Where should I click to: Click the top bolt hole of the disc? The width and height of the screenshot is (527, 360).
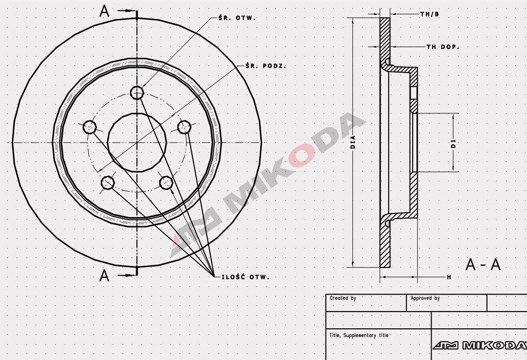coord(137,92)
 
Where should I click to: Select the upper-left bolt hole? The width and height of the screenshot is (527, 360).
coord(90,126)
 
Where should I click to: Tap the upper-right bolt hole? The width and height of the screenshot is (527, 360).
coord(184,126)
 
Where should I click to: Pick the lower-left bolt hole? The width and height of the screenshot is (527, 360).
coord(108,182)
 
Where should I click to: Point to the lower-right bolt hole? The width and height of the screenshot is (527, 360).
coord(166,182)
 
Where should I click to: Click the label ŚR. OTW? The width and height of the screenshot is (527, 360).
coord(237,18)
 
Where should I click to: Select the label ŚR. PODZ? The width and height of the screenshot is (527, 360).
coord(266,66)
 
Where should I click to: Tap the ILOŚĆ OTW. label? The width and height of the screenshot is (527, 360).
coord(245,277)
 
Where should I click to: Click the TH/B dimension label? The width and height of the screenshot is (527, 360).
coord(429,14)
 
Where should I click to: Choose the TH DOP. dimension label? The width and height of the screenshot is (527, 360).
coord(442,47)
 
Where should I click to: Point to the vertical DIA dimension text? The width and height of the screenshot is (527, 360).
coord(353,141)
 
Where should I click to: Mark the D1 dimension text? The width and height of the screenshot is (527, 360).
coord(453,143)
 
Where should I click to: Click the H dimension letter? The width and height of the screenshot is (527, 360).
coord(449,277)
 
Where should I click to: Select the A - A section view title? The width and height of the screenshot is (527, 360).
coord(483,265)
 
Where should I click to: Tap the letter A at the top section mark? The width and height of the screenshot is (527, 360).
coord(105,11)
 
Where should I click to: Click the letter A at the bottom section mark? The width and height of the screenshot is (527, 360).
coord(105,276)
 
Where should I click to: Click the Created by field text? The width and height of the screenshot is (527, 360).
coord(343,298)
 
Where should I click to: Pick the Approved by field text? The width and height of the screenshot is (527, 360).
coord(425,298)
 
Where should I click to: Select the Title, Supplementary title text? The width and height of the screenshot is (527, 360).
coord(359,335)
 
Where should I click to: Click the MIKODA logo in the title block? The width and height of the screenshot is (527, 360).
coord(479,346)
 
